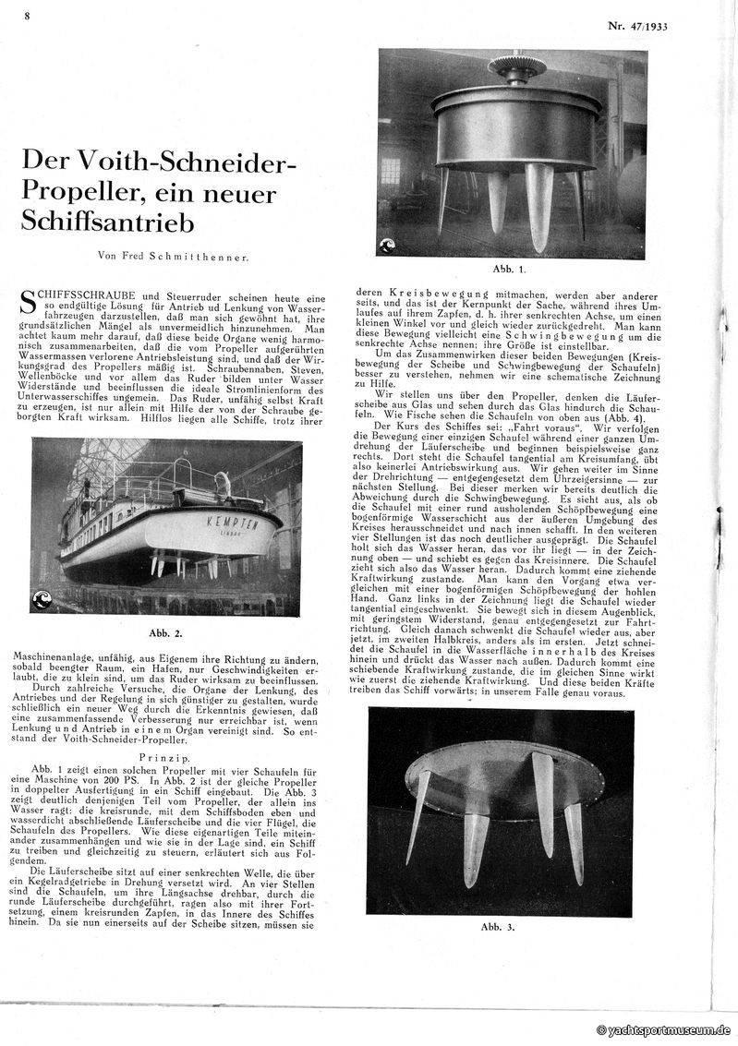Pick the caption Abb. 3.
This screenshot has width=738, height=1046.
[x=499, y=926]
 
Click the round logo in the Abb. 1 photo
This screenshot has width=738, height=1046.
[x=388, y=245]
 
